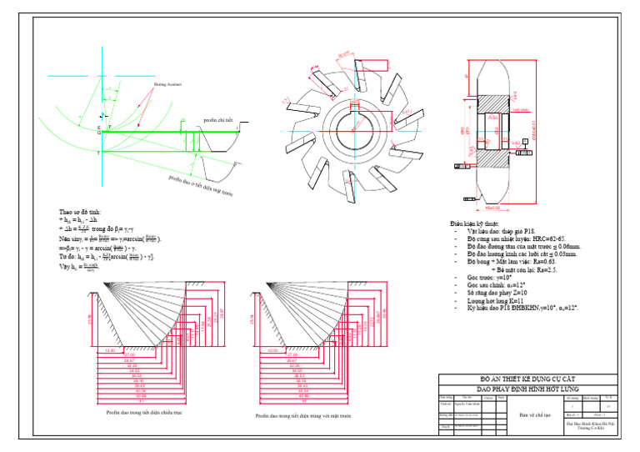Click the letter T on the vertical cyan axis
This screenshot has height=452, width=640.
coord(98,153)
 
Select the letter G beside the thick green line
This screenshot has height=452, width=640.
coord(98,132)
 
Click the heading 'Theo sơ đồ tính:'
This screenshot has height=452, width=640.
coord(82,212)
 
